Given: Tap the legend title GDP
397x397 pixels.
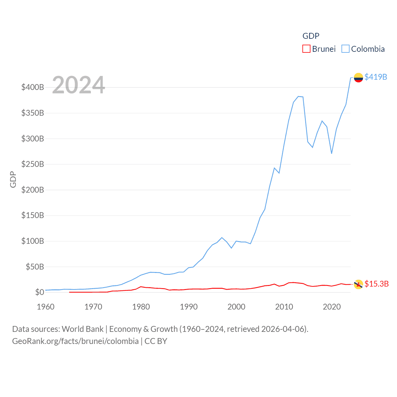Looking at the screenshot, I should tap(311, 36).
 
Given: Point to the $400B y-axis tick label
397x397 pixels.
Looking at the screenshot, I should tap(33, 87).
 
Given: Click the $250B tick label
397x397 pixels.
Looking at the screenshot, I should tap(33, 164).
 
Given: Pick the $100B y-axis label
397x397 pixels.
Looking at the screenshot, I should tap(33, 241).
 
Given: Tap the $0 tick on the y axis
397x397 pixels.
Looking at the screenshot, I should tap(39, 292).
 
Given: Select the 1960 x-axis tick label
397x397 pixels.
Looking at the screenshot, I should tap(46, 307).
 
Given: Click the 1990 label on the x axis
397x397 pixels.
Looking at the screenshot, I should tap(189, 307).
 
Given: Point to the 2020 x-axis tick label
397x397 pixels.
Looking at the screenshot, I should tap(332, 307).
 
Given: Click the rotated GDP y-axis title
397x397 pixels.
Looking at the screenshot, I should tap(13, 179).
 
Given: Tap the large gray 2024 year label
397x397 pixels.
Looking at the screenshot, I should tap(78, 85).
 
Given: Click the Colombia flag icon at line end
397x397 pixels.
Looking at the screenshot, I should tap(358, 78).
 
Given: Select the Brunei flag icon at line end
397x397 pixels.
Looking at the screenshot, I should tap(358, 284).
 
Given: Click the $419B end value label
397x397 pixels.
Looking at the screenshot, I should tap(376, 77).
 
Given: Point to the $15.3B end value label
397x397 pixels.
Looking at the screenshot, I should tap(377, 284).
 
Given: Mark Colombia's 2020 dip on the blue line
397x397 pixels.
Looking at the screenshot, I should tap(332, 154).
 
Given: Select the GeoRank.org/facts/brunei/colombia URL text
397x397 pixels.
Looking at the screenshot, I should tap(75, 341).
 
